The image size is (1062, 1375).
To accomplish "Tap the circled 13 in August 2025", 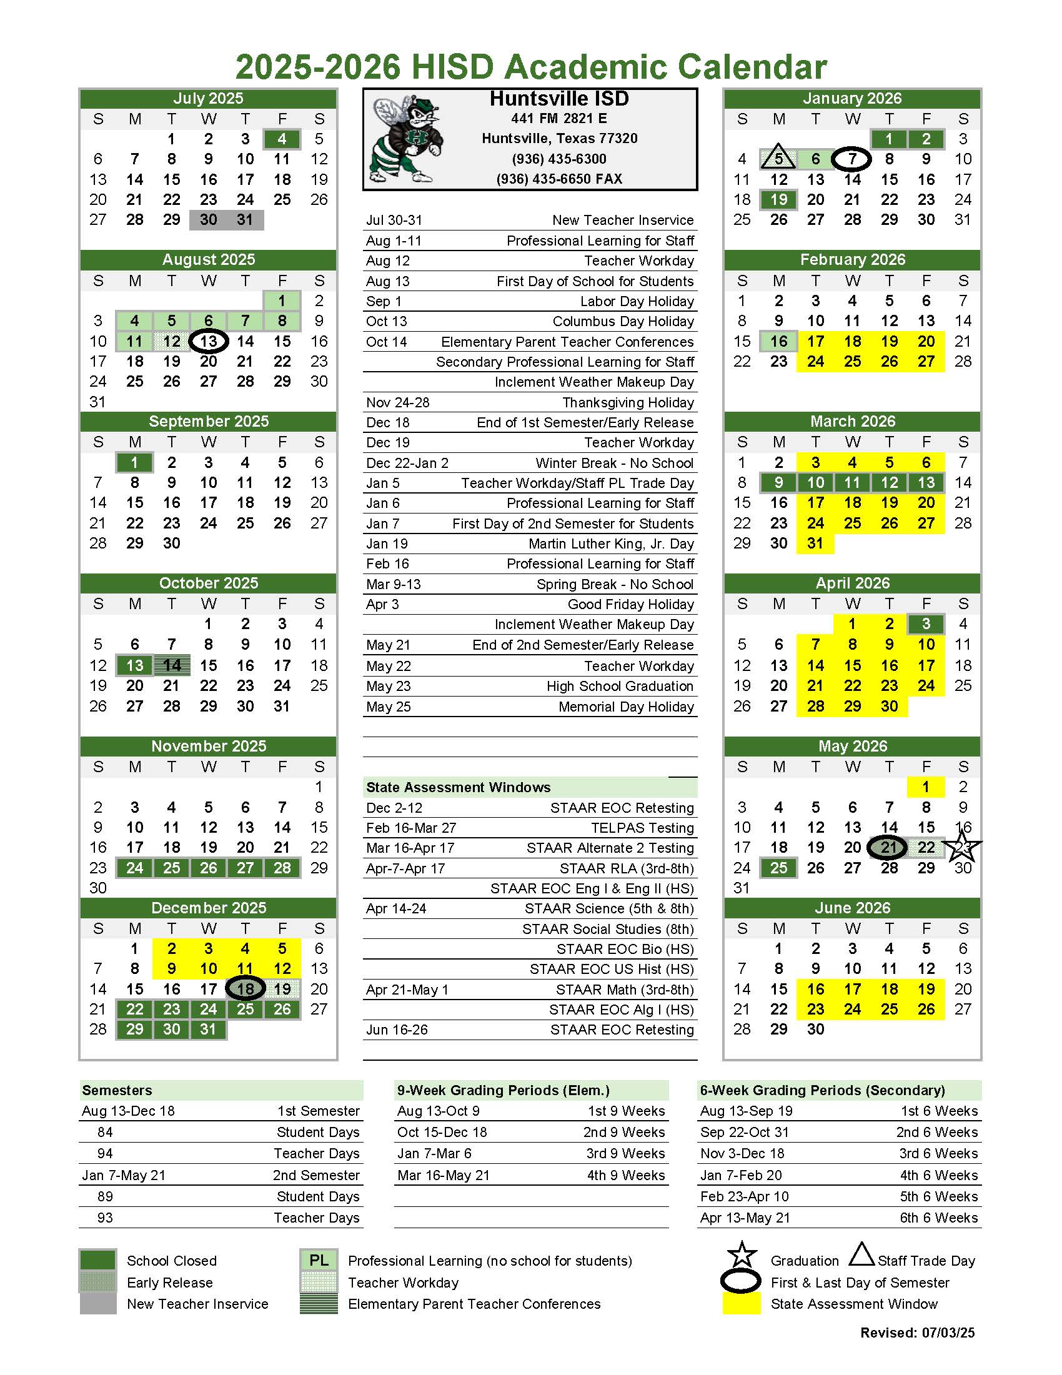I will coord(209,341).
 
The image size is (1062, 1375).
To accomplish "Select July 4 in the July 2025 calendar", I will coord(282,139).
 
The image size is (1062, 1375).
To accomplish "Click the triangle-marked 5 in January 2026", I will coord(779,159).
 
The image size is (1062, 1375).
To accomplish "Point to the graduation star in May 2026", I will coord(963,846).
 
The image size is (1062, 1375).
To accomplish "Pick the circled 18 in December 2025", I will coord(245,988).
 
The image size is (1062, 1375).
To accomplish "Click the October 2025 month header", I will coord(209,583).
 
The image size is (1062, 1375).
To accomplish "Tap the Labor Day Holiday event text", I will coord(637,302).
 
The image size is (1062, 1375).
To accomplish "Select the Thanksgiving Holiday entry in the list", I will coord(628,402).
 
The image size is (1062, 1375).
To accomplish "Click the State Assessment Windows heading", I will coord(459,787).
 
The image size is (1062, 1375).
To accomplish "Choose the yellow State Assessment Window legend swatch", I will coord(741,1303).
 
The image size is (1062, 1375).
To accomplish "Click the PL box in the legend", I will coord(319,1261).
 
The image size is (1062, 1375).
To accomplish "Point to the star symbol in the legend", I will coord(742,1255).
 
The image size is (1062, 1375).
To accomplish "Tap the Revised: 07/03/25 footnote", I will coord(917,1332).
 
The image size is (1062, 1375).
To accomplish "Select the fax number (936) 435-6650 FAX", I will coord(559,179).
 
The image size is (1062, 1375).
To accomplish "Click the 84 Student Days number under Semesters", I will coord(105,1132).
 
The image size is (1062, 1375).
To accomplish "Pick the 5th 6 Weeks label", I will coord(938,1196).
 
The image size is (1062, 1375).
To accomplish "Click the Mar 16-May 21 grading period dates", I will coord(442,1175).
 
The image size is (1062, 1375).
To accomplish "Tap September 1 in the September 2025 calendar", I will coord(134,463).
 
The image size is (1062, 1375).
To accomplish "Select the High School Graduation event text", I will coord(620,686).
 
